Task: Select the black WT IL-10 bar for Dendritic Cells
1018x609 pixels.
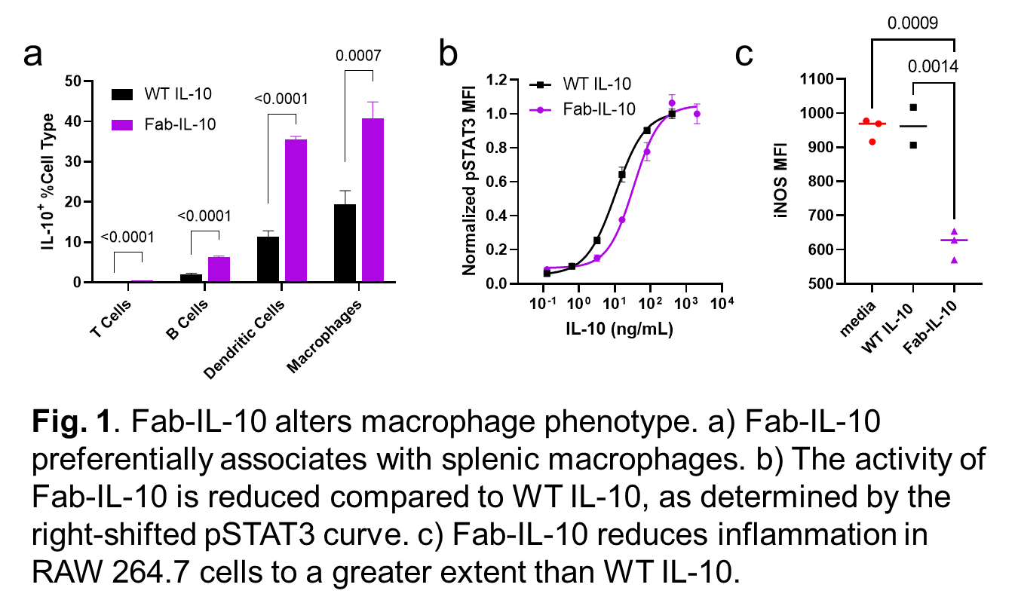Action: (x=268, y=259)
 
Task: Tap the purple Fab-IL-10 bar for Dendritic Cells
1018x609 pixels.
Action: (x=296, y=211)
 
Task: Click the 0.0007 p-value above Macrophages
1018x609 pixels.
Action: (x=359, y=56)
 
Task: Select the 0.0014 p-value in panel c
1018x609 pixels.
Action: (x=933, y=66)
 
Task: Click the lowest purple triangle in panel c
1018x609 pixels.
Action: (x=954, y=259)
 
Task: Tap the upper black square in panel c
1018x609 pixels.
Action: (x=913, y=108)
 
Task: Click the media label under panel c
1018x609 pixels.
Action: (x=862, y=317)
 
